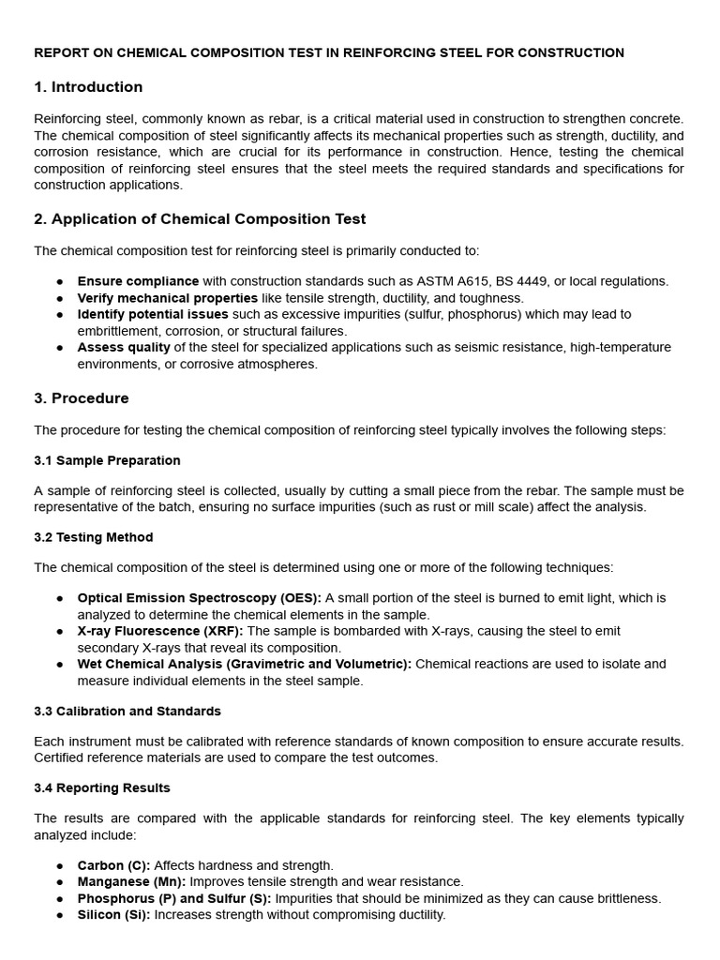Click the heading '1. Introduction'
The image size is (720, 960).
tap(88, 87)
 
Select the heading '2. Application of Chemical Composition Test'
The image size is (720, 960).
tap(200, 219)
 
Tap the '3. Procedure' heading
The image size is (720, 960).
tap(82, 398)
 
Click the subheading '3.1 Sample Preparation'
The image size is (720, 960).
tap(107, 460)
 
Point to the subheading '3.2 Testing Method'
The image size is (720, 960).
tap(94, 537)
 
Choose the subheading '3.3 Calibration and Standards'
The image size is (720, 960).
tap(127, 711)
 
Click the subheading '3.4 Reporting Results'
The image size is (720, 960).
tap(102, 787)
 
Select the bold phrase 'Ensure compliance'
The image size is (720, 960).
tap(138, 281)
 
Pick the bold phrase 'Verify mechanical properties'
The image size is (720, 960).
tap(168, 298)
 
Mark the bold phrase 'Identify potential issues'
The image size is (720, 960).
tap(153, 314)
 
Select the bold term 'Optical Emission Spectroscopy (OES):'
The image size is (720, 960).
tap(200, 598)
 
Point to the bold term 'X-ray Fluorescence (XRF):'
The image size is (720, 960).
tap(160, 631)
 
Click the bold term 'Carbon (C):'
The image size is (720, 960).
tap(113, 865)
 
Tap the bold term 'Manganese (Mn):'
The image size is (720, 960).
tap(131, 881)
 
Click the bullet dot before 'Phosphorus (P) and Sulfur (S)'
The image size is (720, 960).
tap(60, 898)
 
